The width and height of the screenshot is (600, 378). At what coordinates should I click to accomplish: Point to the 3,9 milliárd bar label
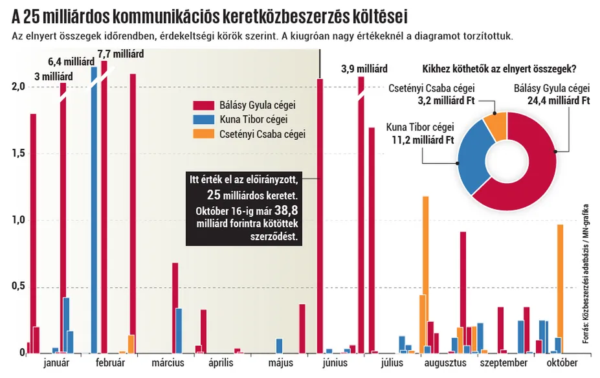(x=364, y=69)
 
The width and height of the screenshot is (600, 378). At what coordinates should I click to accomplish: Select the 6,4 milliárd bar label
(x=72, y=62)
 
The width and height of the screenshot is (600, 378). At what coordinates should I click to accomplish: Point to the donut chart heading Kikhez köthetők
(x=499, y=69)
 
